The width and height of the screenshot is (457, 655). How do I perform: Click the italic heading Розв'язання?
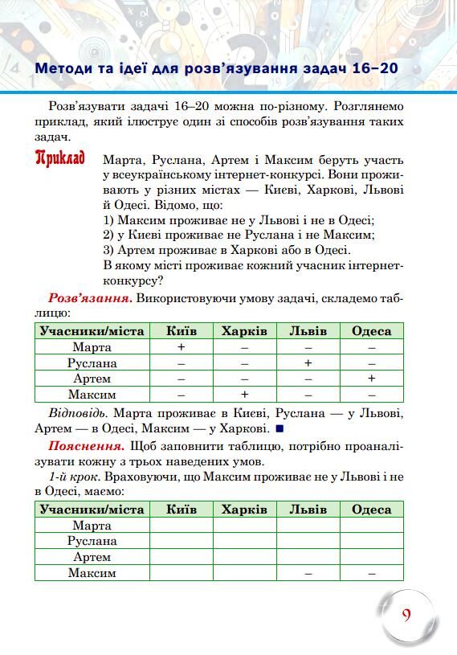90,299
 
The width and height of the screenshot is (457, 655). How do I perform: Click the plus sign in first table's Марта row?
182,347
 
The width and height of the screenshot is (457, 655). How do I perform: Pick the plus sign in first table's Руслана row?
308,363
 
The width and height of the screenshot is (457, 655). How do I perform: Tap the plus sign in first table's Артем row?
371,379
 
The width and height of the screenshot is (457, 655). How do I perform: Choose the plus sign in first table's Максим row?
244,395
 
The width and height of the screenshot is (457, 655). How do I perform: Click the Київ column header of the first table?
182,331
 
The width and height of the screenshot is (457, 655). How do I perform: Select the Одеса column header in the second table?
371,510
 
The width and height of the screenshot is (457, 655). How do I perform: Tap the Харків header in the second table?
244,510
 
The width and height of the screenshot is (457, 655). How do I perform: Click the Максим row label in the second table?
92,573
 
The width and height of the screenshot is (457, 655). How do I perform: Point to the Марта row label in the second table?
92,526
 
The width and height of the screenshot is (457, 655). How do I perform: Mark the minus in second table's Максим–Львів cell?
308,574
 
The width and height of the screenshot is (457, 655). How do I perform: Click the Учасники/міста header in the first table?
92,331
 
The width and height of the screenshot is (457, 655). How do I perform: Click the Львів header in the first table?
308,331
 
